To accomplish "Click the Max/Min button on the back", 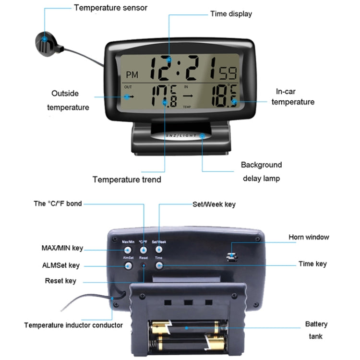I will coord(128,250).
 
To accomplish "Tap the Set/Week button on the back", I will coord(159,250).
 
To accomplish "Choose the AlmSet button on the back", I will coord(128,265).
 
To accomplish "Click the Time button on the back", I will coord(159,265).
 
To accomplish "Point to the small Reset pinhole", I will coord(144,265).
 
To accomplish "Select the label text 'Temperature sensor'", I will coord(110,8).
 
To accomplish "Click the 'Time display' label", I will coord(231,14).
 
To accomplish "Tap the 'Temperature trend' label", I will coord(127,180).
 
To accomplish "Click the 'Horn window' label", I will coord(309,237).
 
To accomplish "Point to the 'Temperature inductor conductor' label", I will coord(73,325).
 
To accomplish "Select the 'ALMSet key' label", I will coord(61,265).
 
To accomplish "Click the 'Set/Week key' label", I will coord(214,204).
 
